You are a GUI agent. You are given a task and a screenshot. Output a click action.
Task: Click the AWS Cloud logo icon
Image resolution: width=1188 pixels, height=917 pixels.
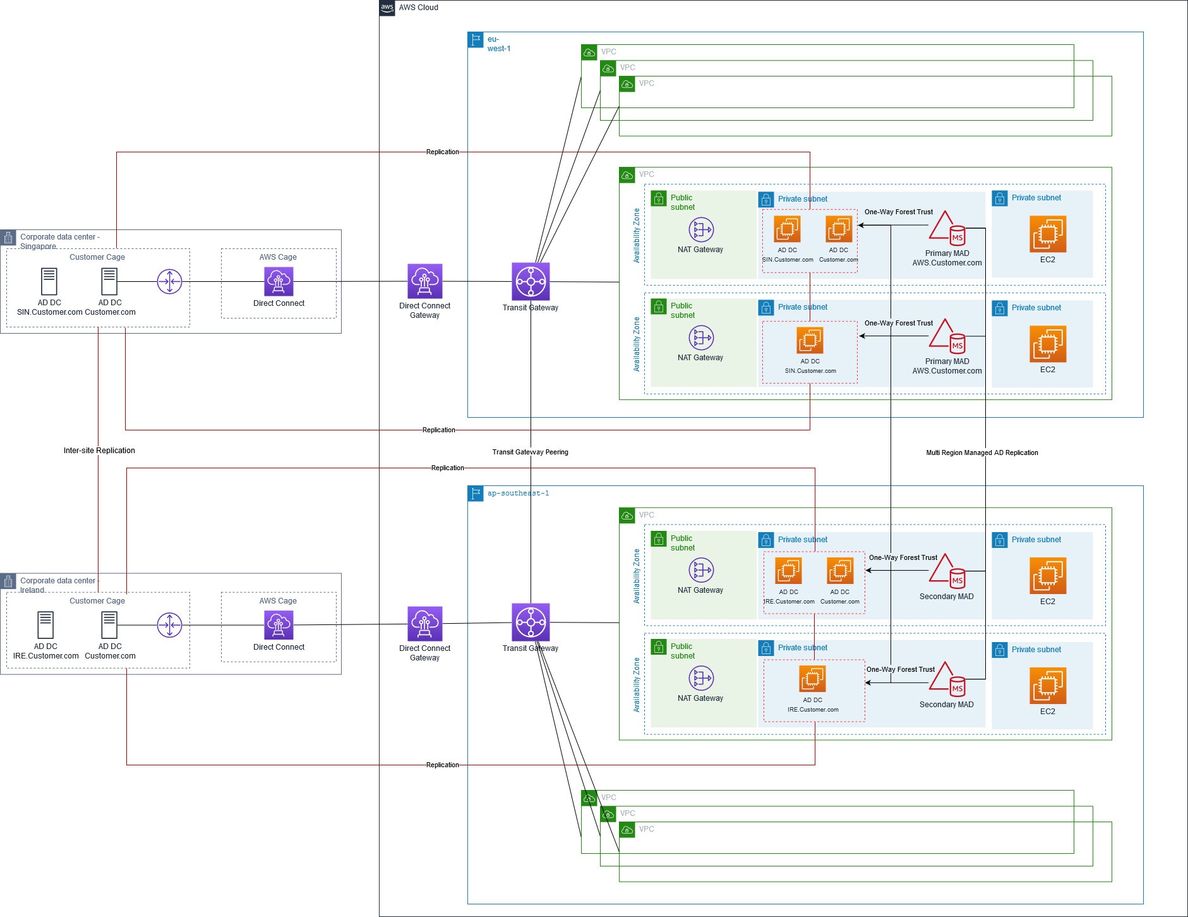click(x=387, y=8)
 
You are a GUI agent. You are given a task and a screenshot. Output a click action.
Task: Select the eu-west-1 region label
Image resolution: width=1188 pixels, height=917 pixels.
click(x=498, y=44)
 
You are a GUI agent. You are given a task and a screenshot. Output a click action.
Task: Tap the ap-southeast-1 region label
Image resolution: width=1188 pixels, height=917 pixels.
click(x=518, y=493)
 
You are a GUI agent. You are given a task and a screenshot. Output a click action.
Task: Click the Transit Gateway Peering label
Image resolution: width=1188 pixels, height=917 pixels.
click(x=530, y=452)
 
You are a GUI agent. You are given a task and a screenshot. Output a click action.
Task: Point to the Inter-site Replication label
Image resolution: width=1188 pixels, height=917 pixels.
click(x=99, y=451)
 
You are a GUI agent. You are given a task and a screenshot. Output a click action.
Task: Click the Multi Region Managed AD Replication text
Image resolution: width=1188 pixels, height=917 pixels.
click(x=981, y=452)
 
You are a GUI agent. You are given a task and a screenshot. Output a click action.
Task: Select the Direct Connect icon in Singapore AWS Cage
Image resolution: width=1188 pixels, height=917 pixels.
click(x=279, y=281)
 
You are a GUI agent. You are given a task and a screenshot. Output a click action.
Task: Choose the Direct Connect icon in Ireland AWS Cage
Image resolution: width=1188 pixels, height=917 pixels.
click(x=279, y=625)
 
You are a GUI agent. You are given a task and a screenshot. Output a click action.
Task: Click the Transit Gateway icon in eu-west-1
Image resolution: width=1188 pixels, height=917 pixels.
click(x=531, y=281)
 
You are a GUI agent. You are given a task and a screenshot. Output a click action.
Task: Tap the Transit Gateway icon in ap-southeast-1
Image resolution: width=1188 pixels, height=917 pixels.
click(x=531, y=622)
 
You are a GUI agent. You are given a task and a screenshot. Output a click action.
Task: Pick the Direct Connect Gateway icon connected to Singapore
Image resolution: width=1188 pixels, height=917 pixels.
click(x=424, y=281)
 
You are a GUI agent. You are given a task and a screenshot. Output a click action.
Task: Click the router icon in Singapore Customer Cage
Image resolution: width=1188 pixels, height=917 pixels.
click(x=169, y=281)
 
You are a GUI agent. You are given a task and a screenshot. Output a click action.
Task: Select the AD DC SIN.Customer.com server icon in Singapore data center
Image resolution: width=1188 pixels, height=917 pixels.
click(x=49, y=281)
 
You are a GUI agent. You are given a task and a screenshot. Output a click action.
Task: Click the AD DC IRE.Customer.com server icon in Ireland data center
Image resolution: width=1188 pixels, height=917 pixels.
click(x=45, y=625)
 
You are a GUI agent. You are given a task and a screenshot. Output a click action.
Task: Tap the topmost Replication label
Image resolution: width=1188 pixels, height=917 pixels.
click(x=442, y=152)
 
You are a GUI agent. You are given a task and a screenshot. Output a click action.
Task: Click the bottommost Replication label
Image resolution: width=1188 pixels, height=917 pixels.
click(x=442, y=765)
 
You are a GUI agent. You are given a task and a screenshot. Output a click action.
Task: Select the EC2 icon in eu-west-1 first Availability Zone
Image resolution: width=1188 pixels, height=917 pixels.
click(x=1047, y=234)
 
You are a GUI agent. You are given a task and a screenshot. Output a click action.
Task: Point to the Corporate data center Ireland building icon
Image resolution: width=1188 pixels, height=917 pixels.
click(x=8, y=581)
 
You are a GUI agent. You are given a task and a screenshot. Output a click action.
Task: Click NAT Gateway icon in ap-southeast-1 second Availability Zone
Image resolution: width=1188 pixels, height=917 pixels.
click(x=700, y=678)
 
